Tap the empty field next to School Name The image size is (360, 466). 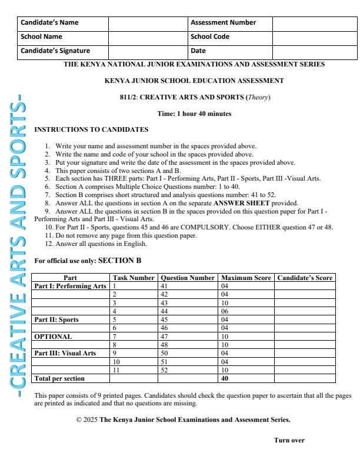pos(148,36)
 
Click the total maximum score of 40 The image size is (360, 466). pos(224,378)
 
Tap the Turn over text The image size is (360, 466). pos(289,440)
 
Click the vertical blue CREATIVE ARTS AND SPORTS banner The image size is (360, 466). pos(16,229)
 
